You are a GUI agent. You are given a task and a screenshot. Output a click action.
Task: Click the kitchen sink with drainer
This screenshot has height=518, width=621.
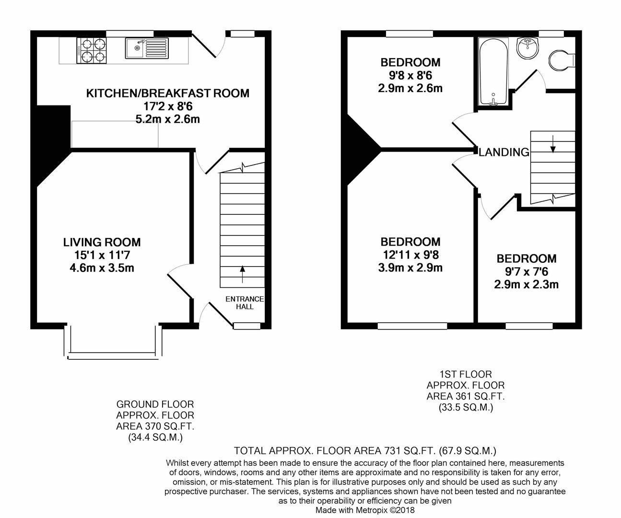147,48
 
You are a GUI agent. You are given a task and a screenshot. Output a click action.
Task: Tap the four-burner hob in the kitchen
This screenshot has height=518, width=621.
92,50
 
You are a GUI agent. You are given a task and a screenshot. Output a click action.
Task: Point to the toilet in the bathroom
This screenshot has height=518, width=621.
561,60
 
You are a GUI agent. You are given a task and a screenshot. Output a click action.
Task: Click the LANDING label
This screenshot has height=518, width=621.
504,153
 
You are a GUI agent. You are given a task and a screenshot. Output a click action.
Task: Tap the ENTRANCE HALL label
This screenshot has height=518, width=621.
245,303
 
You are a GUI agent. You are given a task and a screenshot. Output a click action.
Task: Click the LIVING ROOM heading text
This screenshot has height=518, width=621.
102,242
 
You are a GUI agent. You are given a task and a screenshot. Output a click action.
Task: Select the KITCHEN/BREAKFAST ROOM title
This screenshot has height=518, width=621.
168,94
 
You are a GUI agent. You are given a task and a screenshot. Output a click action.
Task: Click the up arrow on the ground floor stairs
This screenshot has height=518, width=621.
242,274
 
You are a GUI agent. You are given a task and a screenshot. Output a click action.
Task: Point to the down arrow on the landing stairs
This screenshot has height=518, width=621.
553,144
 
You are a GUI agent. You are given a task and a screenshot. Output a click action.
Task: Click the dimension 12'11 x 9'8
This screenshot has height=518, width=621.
410,255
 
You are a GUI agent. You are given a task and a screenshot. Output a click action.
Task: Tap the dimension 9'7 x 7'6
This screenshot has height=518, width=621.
527,271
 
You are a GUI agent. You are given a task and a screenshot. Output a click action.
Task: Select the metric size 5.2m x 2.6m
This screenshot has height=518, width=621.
168,119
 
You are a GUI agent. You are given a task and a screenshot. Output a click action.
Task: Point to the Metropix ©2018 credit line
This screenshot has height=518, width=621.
365,510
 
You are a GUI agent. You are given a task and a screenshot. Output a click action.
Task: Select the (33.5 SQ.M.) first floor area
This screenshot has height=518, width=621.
466,407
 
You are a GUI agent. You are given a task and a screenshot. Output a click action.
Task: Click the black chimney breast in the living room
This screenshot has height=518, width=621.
50,140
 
